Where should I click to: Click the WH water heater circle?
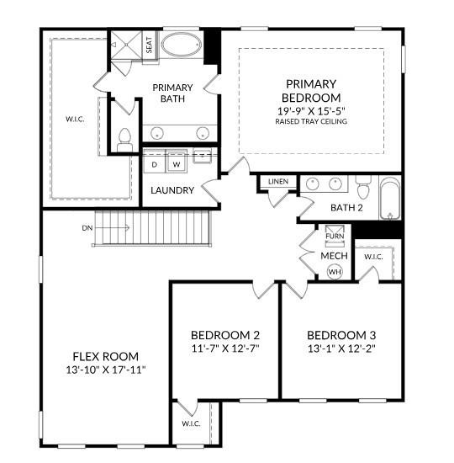click(335, 272)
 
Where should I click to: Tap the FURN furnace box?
click(335, 236)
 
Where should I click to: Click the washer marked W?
click(177, 164)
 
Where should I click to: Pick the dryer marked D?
click(155, 164)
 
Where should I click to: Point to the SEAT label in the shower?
click(148, 45)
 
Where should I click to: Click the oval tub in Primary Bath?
click(180, 45)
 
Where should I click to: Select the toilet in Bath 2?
click(362, 184)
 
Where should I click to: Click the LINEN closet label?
click(277, 182)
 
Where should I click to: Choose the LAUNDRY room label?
click(172, 190)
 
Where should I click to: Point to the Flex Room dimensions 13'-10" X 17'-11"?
click(105, 370)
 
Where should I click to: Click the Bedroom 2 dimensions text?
click(224, 346)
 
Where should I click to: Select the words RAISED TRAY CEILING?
click(311, 121)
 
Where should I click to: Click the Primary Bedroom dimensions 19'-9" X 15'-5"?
click(311, 109)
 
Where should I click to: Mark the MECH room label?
click(334, 255)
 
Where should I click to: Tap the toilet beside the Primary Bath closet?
click(124, 140)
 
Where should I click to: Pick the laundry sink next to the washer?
click(202, 156)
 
